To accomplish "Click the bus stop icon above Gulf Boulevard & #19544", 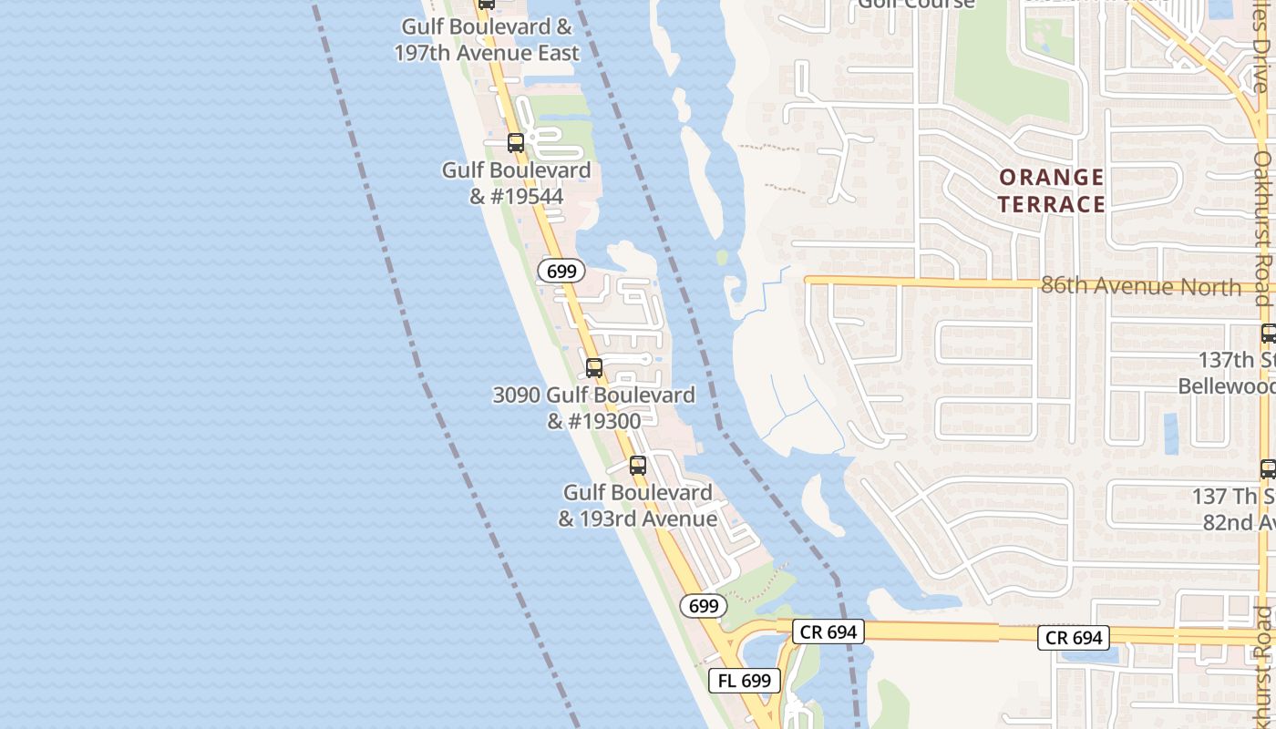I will point(516,143).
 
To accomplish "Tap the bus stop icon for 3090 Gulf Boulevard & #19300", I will point(594,368).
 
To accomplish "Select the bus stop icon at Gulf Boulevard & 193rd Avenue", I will point(638,466).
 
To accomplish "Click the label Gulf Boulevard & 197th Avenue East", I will point(487,40).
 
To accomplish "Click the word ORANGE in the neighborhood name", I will point(1051,177).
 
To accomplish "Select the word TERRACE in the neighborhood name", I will point(1051,203).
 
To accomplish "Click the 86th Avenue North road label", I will point(1140,287).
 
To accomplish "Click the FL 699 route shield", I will point(745,680).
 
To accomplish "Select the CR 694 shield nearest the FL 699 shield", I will point(828,631).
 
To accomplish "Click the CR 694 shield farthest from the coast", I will point(1075,638).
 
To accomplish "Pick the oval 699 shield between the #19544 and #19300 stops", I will point(561,271).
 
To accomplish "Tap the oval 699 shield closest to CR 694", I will point(703,606).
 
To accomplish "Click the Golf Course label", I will point(916,4).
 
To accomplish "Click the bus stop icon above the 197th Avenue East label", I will point(487,4).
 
